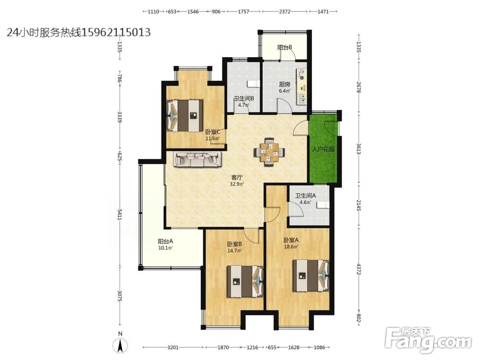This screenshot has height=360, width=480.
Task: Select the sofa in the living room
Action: click(198, 159)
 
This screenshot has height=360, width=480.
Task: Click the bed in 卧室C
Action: click(185, 115)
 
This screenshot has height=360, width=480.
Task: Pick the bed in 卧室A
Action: click(311, 276)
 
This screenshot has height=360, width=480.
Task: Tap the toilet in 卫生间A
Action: click(323, 205)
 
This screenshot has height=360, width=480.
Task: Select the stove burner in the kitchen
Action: click(301, 72)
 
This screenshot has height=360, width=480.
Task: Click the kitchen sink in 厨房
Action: click(301, 98)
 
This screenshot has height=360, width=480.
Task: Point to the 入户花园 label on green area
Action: click(323, 150)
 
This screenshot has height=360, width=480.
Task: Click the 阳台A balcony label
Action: click(165, 241)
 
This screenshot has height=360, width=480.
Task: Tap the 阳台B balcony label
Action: click(285, 48)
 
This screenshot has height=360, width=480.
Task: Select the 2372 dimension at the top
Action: click(285, 12)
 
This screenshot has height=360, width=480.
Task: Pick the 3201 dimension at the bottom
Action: click(173, 348)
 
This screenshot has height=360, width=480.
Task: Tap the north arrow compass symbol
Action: click(121, 346)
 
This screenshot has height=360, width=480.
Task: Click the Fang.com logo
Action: click(428, 339)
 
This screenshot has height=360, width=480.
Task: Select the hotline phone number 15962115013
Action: click(116, 32)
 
